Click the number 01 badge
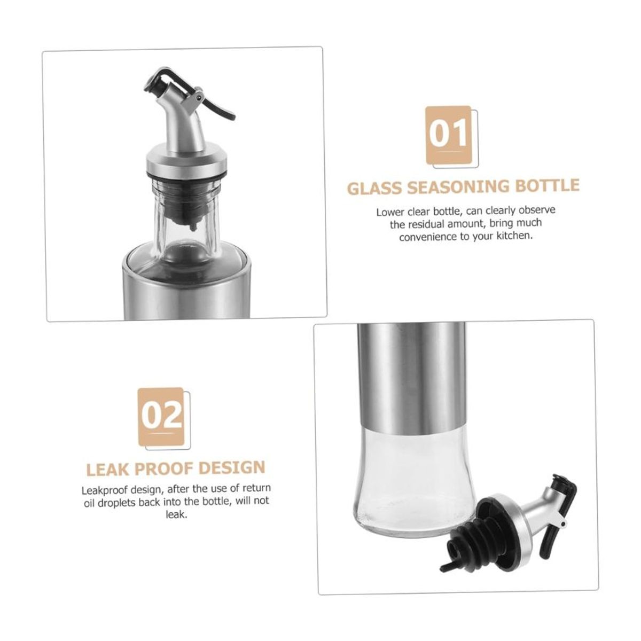tap(448, 134)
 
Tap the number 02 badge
tap(161, 415)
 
